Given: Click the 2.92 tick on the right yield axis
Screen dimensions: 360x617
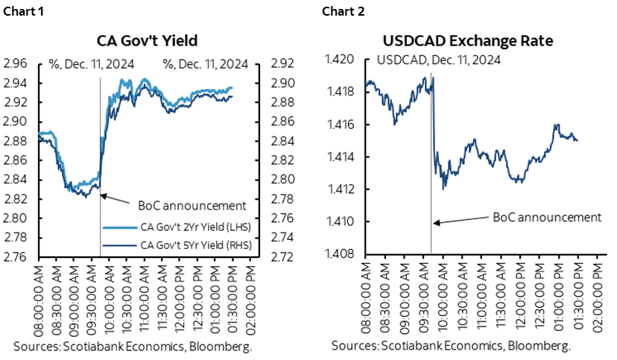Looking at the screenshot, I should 278,63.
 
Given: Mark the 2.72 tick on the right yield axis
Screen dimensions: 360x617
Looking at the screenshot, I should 278,257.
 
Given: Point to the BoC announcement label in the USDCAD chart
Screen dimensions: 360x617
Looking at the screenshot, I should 547,217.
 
